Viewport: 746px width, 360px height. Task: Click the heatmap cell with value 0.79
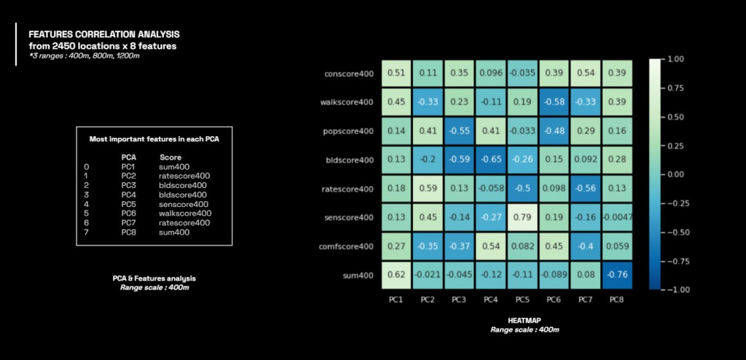(x=522, y=217)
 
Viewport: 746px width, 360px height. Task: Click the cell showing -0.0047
(x=617, y=217)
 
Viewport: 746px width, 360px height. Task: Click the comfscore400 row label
(x=346, y=246)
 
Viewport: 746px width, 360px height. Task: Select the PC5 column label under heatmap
(x=522, y=299)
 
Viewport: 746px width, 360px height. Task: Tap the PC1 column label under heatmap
(x=396, y=299)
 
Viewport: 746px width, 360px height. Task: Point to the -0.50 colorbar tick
(x=677, y=232)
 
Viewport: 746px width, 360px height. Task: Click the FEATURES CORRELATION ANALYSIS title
(x=103, y=34)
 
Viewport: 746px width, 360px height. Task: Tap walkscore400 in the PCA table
(x=186, y=214)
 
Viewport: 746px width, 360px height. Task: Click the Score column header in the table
(x=170, y=157)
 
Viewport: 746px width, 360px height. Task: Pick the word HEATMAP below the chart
(x=525, y=321)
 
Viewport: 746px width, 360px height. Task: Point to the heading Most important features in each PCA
(x=154, y=138)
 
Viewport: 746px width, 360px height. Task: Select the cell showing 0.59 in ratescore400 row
(x=428, y=188)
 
